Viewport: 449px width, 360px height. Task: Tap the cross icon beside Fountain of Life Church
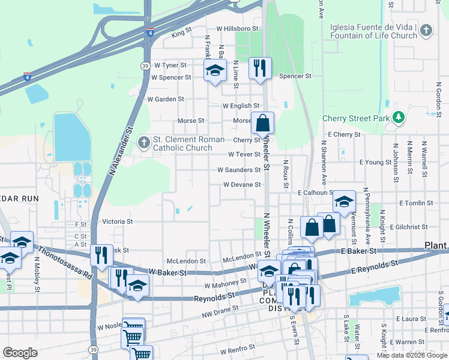[x=426, y=31]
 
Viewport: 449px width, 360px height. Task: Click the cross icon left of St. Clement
[x=143, y=143]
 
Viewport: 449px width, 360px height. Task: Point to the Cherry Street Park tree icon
[x=397, y=118]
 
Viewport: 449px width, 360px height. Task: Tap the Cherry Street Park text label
[x=356, y=118]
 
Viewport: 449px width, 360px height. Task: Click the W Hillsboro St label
[x=237, y=28]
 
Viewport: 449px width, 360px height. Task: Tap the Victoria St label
[x=117, y=221]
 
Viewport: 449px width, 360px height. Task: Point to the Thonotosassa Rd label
[x=65, y=262]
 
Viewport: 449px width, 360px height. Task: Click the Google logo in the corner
[x=20, y=353]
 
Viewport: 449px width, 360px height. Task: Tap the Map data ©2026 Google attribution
[x=412, y=355]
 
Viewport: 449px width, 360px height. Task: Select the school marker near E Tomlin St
[x=344, y=202]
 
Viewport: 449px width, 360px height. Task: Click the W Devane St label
[x=242, y=185]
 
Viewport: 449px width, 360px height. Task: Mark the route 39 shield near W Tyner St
[x=145, y=66]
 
